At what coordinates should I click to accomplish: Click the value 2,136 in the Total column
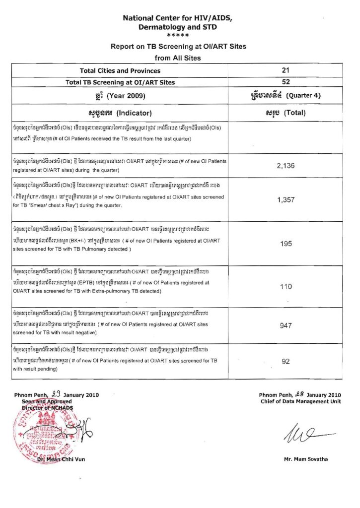[286, 166]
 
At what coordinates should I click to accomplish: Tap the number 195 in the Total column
[286, 244]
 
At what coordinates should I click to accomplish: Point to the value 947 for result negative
[286, 326]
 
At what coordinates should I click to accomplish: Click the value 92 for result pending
[286, 362]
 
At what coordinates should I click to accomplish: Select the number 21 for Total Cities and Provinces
[286, 71]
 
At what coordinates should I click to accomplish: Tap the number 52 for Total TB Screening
[286, 82]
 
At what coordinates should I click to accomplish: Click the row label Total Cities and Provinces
[113, 71]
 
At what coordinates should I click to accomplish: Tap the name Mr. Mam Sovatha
[305, 459]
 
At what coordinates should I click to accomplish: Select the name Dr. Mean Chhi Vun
[64, 459]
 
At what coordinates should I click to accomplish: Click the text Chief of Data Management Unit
[301, 401]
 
